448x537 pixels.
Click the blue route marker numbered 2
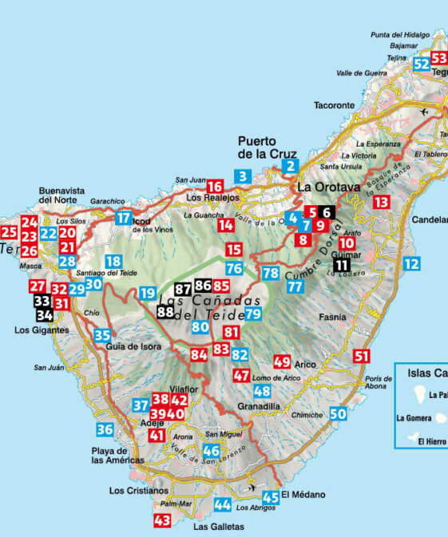pyautogui.click(x=291, y=166)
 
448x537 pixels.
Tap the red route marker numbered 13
pyautogui.click(x=382, y=202)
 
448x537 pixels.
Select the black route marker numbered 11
pyautogui.click(x=342, y=265)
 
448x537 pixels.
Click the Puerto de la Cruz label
pyautogui.click(x=267, y=148)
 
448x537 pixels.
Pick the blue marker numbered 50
pyautogui.click(x=339, y=413)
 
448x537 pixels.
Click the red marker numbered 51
pyautogui.click(x=362, y=357)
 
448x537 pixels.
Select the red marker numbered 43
pyautogui.click(x=162, y=521)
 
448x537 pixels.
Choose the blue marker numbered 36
pyautogui.click(x=105, y=429)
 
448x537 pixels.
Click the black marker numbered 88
pyautogui.click(x=165, y=312)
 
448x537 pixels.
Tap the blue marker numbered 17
pyautogui.click(x=123, y=218)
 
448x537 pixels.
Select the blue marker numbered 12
pyautogui.click(x=411, y=263)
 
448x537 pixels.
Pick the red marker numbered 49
pyautogui.click(x=282, y=361)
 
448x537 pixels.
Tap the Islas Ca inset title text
pyautogui.click(x=423, y=373)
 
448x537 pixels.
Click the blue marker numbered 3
pyautogui.click(x=243, y=176)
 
